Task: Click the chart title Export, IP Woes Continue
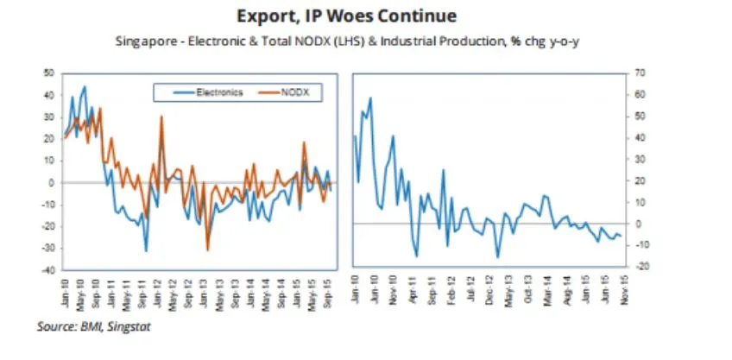[366, 16]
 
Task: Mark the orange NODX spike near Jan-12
[161, 117]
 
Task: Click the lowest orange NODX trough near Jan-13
[207, 249]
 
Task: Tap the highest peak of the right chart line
[370, 98]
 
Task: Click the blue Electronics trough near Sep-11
[146, 250]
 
